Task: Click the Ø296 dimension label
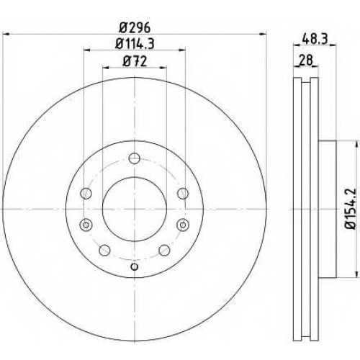click(x=135, y=27)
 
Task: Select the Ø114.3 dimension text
click(x=135, y=44)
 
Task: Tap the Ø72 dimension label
click(x=135, y=61)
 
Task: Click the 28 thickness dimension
click(x=306, y=60)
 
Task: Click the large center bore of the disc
click(x=135, y=209)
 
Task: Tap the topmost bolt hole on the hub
click(x=134, y=158)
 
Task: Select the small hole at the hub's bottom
click(x=135, y=266)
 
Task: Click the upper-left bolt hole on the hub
click(x=86, y=194)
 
